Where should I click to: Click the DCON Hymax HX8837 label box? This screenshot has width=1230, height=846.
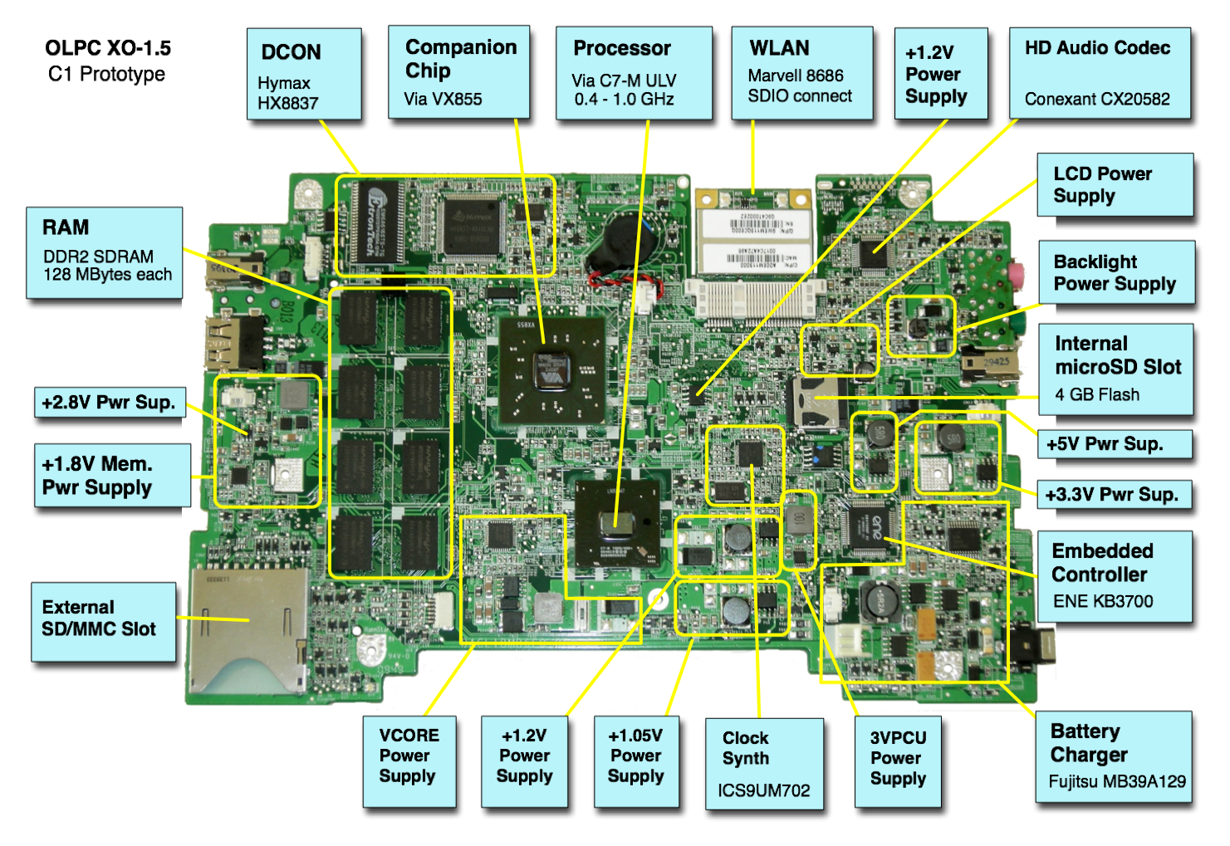point(304,74)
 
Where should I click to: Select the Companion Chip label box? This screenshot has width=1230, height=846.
point(458,72)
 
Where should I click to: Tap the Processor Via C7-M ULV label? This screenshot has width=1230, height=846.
point(634,73)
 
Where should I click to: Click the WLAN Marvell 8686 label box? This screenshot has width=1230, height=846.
point(801,73)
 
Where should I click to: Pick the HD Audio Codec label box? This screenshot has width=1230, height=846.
point(1100,73)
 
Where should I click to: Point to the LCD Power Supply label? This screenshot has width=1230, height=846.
point(1115,184)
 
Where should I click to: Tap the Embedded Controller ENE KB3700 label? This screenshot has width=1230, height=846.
point(1114,576)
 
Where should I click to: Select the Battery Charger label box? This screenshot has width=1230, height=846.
point(1113,756)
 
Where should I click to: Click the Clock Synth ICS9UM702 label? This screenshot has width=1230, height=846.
point(764,764)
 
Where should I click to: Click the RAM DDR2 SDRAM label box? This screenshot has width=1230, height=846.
point(104,252)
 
